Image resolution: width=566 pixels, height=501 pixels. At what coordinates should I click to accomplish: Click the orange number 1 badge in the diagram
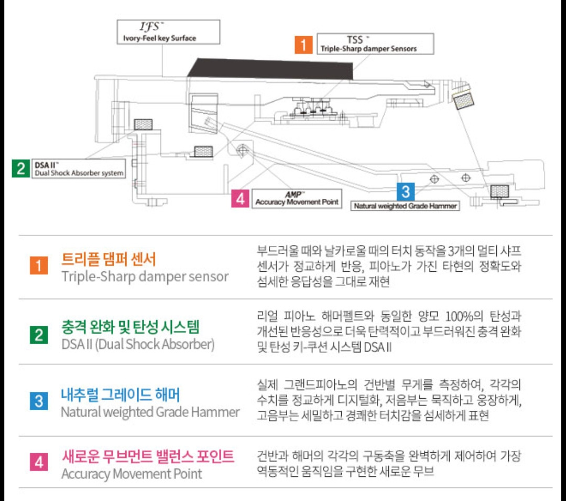point(303,44)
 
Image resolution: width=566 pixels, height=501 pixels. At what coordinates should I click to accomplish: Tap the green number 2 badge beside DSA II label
point(20,168)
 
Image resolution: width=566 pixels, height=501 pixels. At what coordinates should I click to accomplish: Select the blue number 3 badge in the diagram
point(406,191)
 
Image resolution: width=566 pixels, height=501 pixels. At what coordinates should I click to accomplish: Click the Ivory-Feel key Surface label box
point(168,33)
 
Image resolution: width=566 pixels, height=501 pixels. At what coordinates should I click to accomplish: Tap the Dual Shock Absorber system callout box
point(79,168)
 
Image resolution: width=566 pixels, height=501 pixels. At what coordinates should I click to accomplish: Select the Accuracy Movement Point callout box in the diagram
point(297,199)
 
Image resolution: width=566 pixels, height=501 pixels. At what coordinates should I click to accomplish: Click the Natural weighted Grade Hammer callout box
point(405,206)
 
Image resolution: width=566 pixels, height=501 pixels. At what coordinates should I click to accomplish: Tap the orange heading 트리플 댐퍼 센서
point(108,259)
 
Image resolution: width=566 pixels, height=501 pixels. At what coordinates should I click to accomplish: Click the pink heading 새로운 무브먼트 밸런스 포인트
point(147,456)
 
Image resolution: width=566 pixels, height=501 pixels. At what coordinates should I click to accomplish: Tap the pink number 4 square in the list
point(39,463)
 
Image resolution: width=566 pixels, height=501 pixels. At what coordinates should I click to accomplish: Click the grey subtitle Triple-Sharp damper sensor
point(145,276)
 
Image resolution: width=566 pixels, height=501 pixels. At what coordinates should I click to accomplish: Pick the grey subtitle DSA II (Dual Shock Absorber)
point(138,345)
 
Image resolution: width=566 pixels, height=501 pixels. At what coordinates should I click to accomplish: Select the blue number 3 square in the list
point(39,402)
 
